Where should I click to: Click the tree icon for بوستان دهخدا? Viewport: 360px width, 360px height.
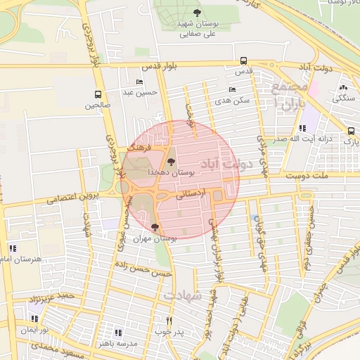click(x=172, y=162)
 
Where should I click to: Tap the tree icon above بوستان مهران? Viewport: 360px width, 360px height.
click(x=155, y=227)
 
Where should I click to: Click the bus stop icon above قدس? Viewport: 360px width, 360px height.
click(x=243, y=60)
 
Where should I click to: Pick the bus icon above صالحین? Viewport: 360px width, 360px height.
click(x=98, y=94)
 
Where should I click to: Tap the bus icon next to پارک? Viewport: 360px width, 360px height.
click(x=351, y=131)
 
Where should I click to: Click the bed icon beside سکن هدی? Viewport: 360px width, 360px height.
click(x=233, y=90)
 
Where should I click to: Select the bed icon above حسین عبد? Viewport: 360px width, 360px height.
click(x=139, y=82)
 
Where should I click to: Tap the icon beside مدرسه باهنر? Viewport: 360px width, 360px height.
click(x=117, y=333)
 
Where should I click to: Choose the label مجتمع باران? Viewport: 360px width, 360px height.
click(x=290, y=98)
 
